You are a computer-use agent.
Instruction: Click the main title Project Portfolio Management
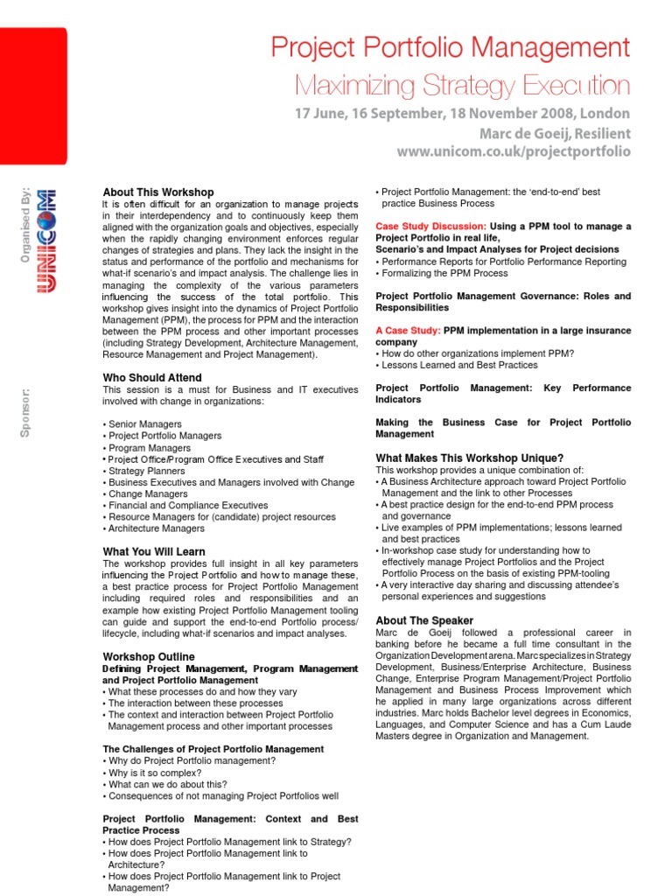(x=449, y=48)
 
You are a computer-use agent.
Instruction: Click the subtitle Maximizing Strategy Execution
(x=462, y=86)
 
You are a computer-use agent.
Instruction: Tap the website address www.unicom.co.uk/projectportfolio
(x=513, y=151)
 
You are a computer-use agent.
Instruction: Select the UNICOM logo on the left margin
(x=40, y=241)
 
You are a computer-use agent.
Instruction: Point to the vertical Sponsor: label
(x=25, y=412)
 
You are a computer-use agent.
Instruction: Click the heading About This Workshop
(x=157, y=192)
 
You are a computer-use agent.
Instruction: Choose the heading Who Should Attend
(x=152, y=377)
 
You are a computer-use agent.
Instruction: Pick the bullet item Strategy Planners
(x=145, y=471)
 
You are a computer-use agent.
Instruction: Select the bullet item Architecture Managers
(x=155, y=528)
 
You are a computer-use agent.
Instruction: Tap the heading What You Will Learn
(x=154, y=551)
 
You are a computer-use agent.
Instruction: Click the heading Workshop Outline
(x=149, y=656)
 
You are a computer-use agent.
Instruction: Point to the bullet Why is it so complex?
(x=153, y=773)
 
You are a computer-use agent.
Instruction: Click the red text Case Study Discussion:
(x=430, y=226)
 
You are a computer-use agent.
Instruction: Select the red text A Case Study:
(x=408, y=331)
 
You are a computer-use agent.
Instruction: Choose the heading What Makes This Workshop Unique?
(x=470, y=458)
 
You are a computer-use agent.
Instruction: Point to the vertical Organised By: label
(x=25, y=223)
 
